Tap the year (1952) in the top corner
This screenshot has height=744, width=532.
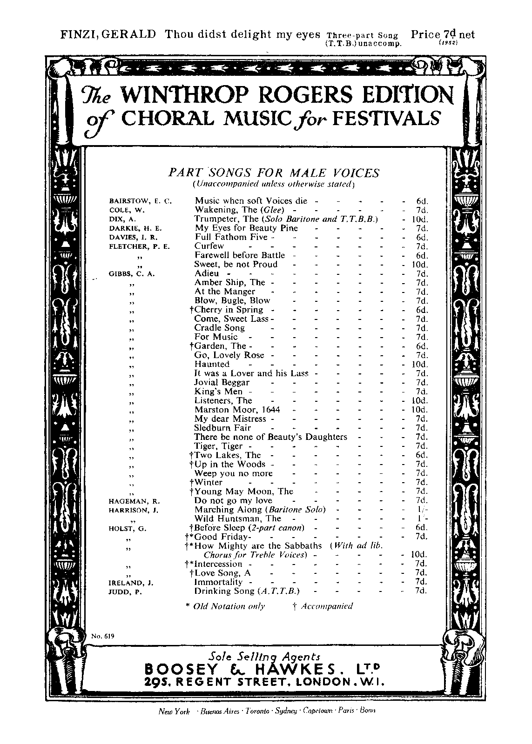point(449,43)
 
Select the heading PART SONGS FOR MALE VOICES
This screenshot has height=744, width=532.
point(274,173)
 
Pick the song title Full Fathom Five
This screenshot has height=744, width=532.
point(231,237)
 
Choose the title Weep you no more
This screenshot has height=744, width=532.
point(234,473)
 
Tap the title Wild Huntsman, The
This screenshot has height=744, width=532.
point(238,518)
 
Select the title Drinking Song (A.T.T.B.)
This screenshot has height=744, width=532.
point(247,591)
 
